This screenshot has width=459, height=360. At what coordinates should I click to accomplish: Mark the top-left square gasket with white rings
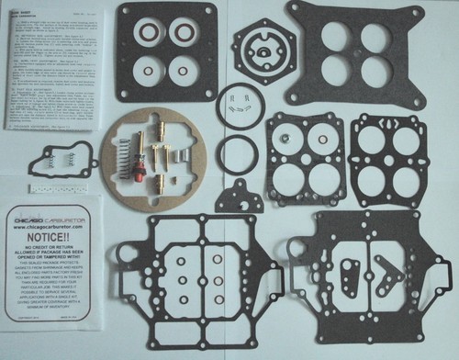tap(167, 53)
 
